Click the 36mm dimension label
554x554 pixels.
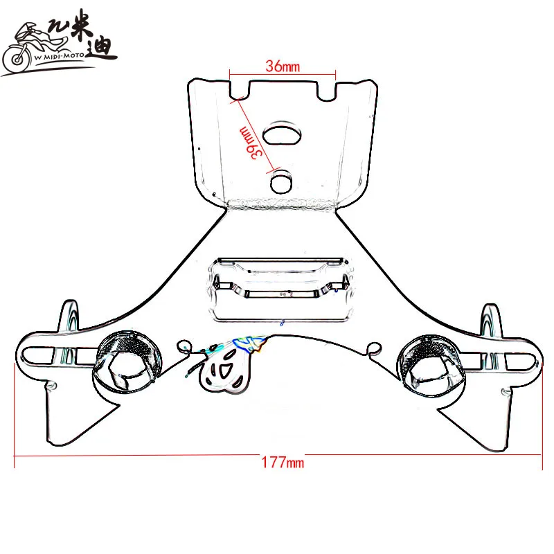[283, 66]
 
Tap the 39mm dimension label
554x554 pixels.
[251, 143]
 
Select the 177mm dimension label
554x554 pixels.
[283, 463]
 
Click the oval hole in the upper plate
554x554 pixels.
[282, 133]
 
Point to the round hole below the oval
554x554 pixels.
[281, 181]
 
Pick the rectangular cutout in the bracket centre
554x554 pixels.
[281, 290]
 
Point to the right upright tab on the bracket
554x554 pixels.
[490, 319]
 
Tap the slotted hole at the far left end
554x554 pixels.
[39, 355]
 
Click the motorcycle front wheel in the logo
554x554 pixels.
[16, 59]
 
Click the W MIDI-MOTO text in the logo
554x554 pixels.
[59, 56]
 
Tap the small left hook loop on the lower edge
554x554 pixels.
[184, 346]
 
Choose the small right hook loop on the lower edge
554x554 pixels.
[373, 348]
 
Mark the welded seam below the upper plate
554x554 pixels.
[281, 204]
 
